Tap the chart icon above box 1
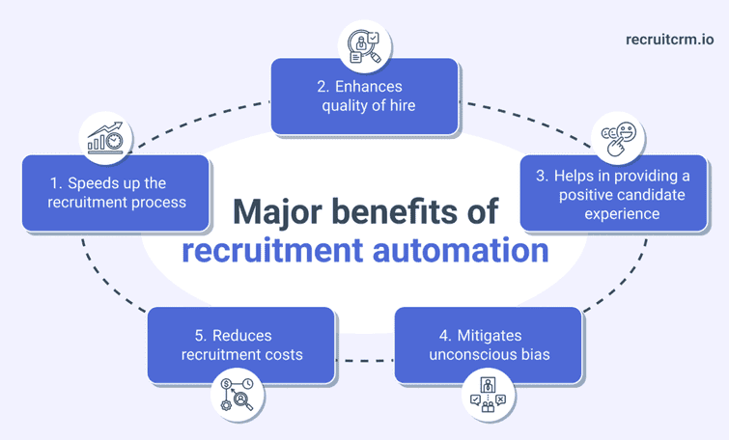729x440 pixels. (106, 137)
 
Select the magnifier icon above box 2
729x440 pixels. (364, 45)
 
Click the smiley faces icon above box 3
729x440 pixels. (618, 138)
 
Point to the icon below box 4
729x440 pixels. (490, 395)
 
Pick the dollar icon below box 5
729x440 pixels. (238, 394)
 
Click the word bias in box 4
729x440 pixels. (535, 354)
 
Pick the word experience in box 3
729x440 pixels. (623, 213)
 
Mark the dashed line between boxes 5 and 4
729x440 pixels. (364, 361)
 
